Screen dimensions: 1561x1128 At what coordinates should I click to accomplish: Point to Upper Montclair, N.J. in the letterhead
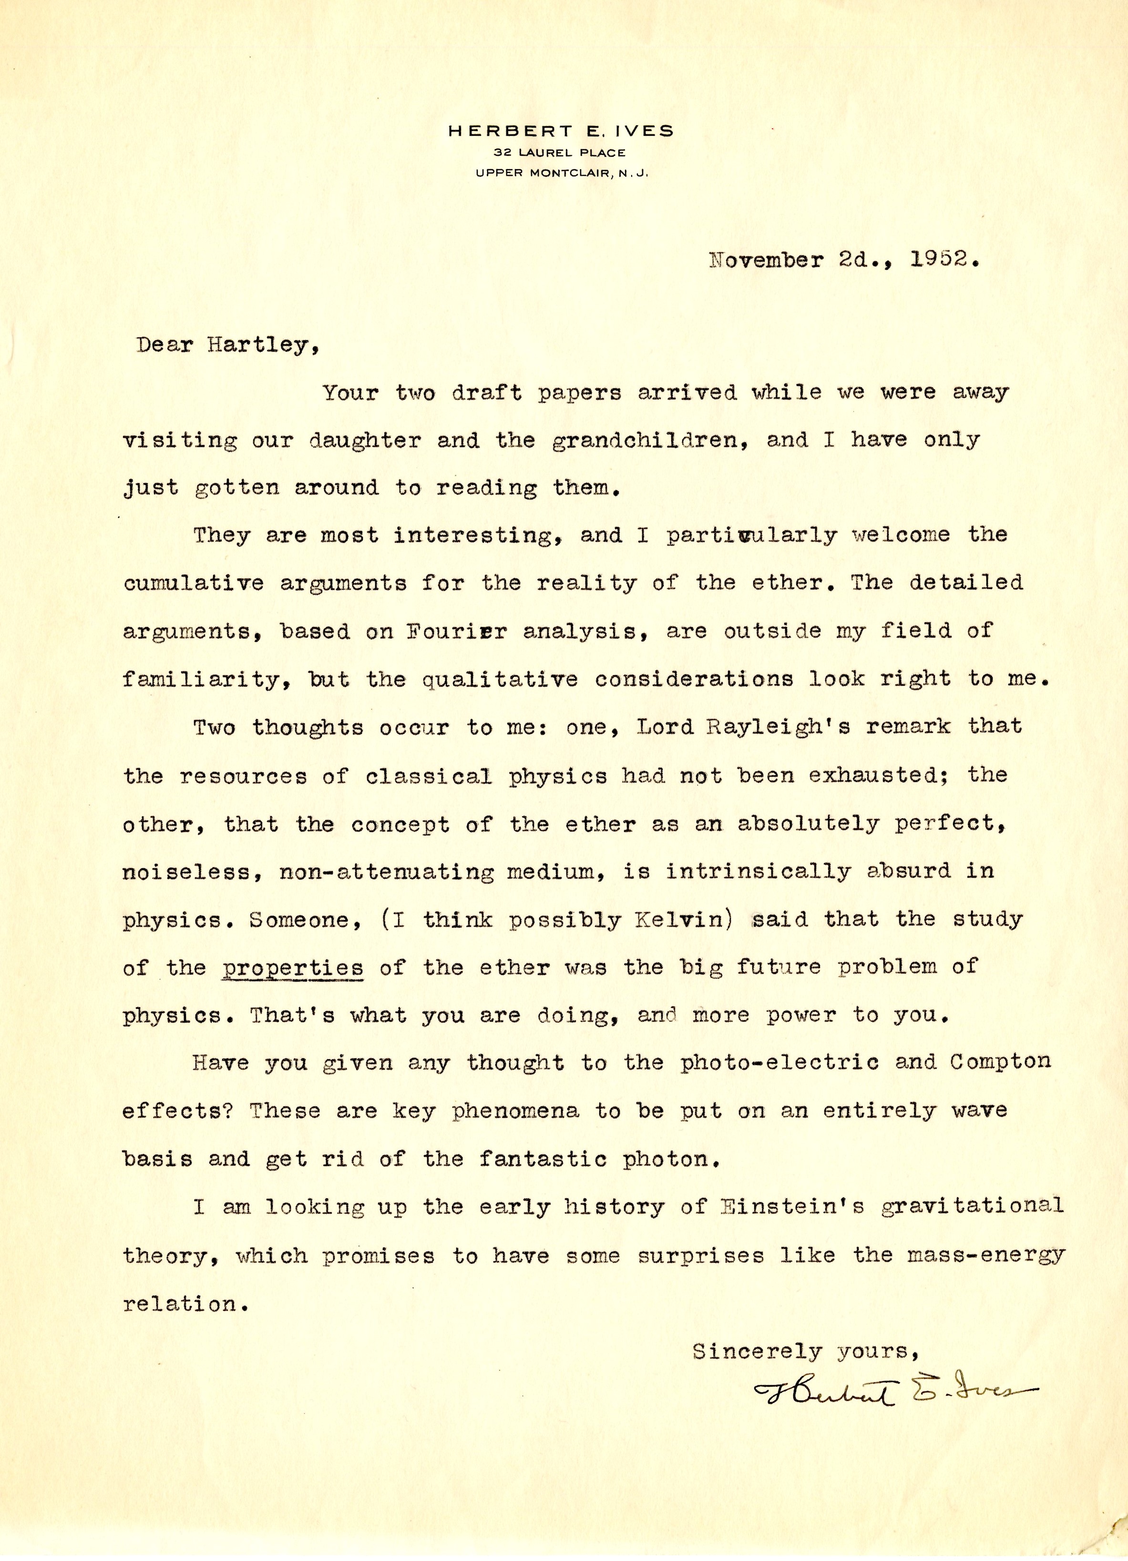click(x=561, y=173)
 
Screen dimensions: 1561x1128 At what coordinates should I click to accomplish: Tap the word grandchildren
click(x=649, y=440)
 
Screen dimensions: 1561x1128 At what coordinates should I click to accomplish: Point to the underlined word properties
click(x=293, y=968)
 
